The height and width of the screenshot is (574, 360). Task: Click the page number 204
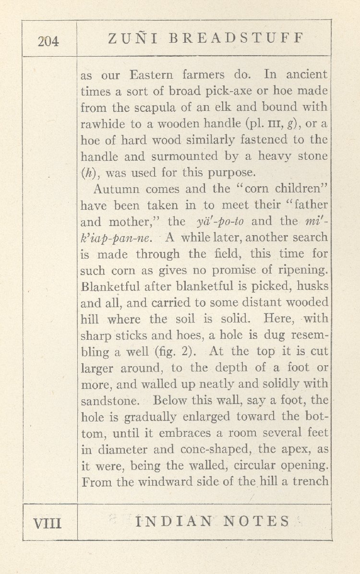click(x=48, y=41)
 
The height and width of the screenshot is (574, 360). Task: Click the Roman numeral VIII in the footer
click(x=48, y=522)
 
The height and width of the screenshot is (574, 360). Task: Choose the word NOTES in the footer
click(x=259, y=522)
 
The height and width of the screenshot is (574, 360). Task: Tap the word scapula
click(x=165, y=108)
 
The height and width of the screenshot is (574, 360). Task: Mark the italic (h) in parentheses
click(x=88, y=172)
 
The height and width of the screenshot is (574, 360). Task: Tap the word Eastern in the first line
click(x=154, y=75)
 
